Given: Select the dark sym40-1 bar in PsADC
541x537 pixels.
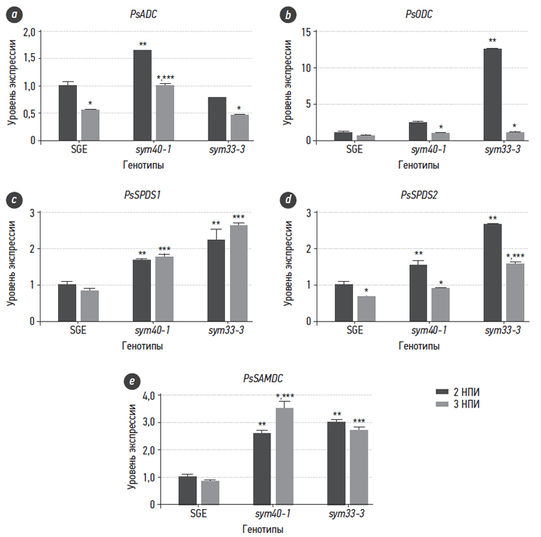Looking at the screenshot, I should tap(142, 95).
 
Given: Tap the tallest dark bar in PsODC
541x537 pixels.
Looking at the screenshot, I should tap(492, 94).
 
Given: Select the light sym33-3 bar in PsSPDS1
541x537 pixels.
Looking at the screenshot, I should tap(239, 273).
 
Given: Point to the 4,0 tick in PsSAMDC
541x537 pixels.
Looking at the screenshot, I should tap(166, 396).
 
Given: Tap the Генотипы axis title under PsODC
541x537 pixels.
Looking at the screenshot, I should tap(419, 165).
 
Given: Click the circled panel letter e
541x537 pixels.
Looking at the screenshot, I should tap(129, 381).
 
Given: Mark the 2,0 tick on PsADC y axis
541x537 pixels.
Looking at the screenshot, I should tap(29, 32).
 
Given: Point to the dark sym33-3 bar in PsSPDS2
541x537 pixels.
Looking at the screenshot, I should tap(492, 272).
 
